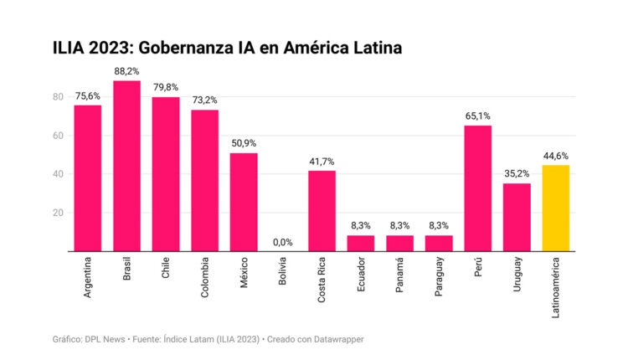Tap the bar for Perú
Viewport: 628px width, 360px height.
[x=477, y=188]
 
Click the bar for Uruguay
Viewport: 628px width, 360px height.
[x=517, y=217]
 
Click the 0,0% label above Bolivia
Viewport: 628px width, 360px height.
[x=282, y=243]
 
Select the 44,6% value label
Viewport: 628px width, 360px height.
[x=556, y=156]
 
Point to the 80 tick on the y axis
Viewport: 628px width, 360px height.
[x=59, y=97]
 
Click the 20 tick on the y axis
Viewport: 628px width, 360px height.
[x=59, y=213]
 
